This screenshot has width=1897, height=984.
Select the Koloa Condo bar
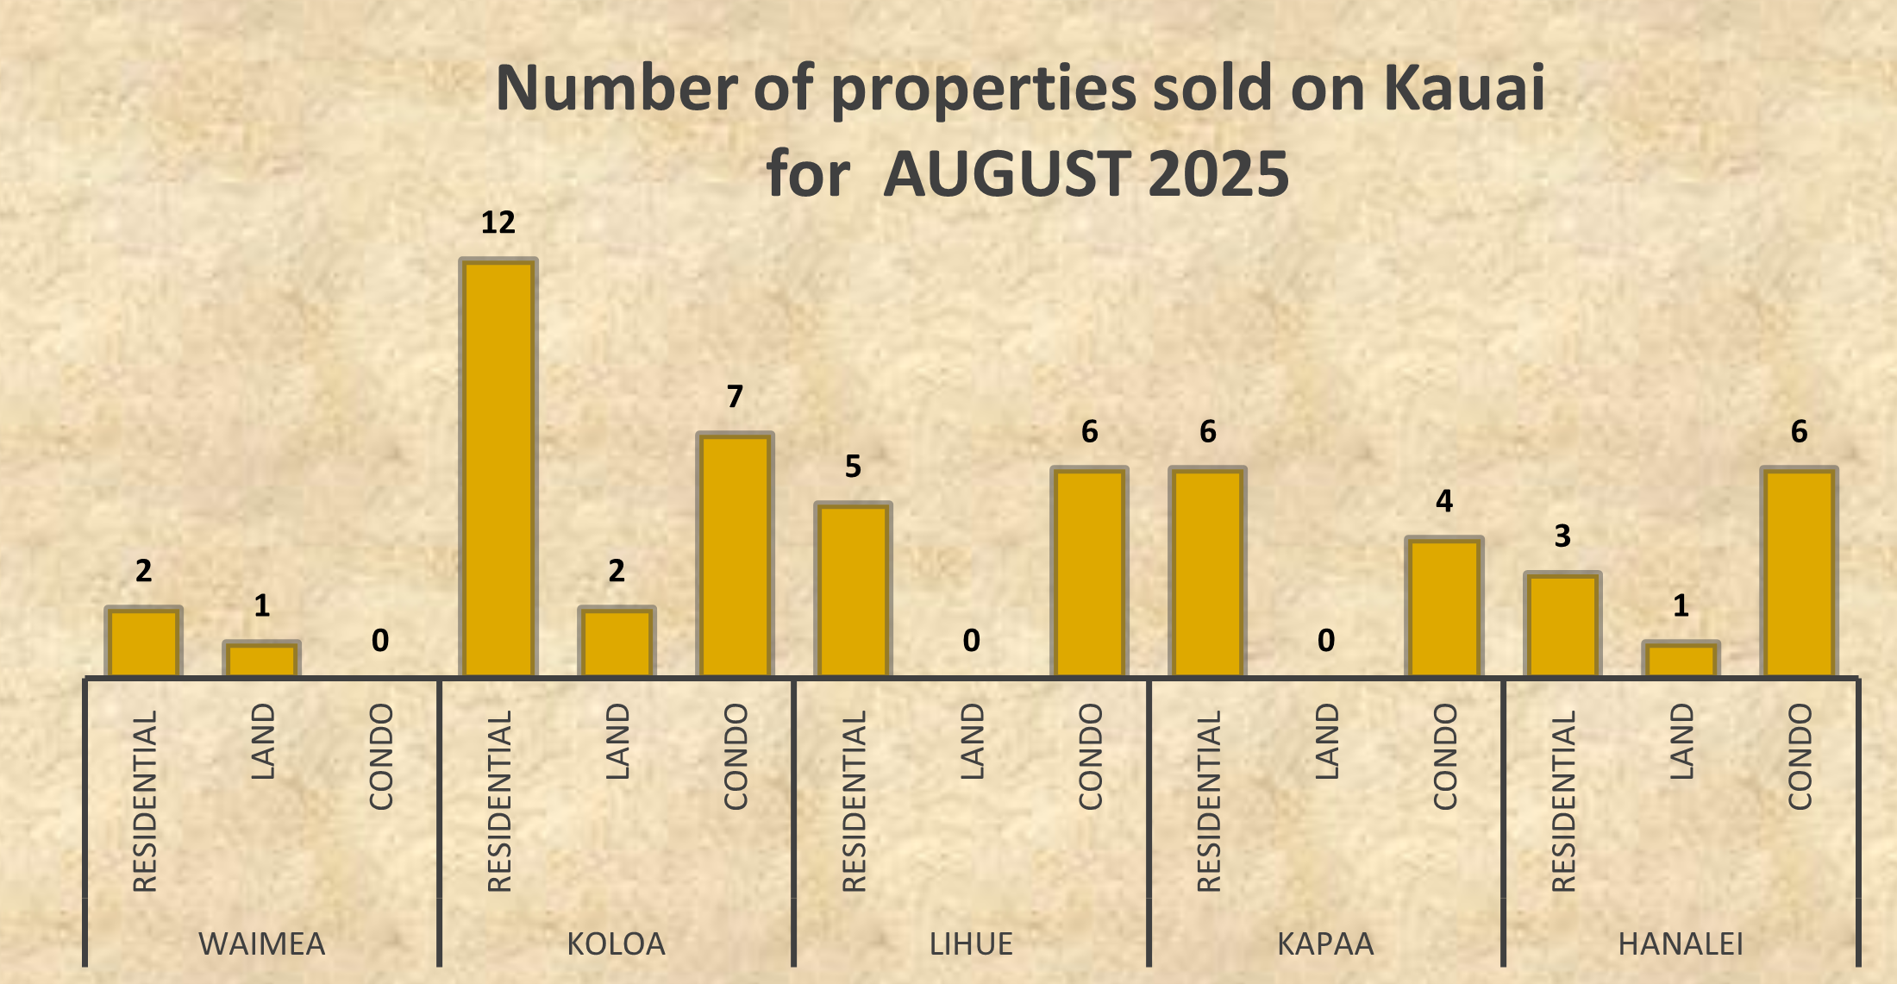tap(735, 555)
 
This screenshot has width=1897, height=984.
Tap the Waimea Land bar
tap(261, 660)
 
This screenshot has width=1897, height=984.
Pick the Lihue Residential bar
tap(853, 590)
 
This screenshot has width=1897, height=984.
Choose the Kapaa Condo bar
tap(1444, 607)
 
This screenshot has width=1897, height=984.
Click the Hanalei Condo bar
tap(1799, 573)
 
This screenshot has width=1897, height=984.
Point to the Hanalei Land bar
tap(1681, 660)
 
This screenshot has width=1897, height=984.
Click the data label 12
tap(498, 222)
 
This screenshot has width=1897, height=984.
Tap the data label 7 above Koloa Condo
tap(735, 397)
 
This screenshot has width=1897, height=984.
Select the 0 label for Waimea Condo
tap(380, 641)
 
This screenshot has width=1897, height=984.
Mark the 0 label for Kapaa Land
tap(1326, 641)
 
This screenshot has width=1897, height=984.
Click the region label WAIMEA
tap(262, 944)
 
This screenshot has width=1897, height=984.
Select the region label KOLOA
tap(617, 944)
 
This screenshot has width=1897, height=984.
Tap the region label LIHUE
tap(971, 944)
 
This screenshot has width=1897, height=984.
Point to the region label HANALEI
tap(1681, 944)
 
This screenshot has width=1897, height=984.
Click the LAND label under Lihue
tap(972, 742)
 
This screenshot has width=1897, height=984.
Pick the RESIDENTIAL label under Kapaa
tap(1209, 800)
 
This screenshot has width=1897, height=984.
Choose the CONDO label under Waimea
tap(381, 756)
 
